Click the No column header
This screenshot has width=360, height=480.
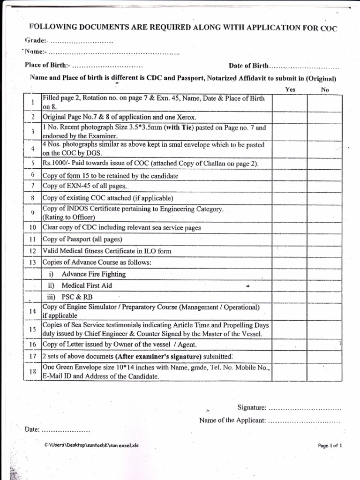coord(325,89)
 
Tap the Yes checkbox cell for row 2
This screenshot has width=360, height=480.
coord(290,117)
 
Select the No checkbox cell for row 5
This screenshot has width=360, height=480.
coord(325,164)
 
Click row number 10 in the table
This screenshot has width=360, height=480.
coord(33,227)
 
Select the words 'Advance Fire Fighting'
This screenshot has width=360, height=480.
coord(94,274)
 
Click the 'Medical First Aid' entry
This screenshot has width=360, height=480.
coord(87,285)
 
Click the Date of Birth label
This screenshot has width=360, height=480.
coord(248,66)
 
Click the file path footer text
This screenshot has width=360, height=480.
coord(92,445)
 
